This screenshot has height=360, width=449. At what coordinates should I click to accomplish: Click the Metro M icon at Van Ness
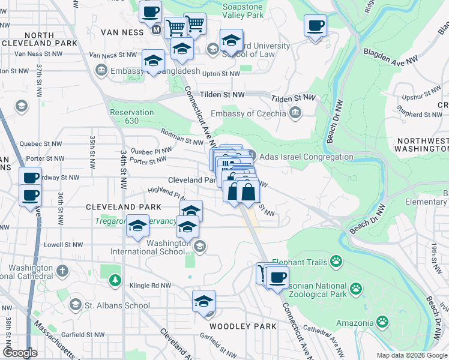click(156, 29)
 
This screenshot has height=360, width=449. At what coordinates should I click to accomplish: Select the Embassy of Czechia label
click(251, 114)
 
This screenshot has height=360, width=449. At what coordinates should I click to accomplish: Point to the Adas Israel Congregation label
click(306, 157)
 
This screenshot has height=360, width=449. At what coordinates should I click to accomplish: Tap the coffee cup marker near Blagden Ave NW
click(315, 26)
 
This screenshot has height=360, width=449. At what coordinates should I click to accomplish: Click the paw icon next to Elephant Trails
click(336, 262)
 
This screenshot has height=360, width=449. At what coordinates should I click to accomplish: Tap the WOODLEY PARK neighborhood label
click(243, 326)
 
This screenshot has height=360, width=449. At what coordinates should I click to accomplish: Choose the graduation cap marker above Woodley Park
click(203, 301)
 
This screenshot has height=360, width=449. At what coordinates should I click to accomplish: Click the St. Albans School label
click(117, 305)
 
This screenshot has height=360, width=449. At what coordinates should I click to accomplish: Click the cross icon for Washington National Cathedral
click(62, 269)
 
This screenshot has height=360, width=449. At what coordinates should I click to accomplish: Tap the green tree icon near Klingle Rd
click(114, 280)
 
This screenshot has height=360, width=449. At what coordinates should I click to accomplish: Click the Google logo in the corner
click(20, 353)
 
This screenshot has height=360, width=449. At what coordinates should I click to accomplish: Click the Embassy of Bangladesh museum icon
click(100, 71)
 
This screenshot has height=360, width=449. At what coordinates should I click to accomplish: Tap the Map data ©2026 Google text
click(411, 355)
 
